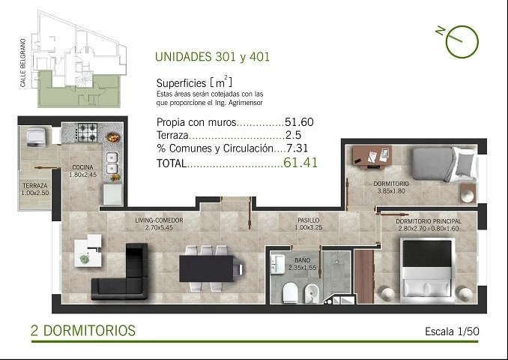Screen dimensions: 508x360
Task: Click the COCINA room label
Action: coord(82,167)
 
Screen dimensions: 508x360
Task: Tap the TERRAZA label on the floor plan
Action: coord(35,186)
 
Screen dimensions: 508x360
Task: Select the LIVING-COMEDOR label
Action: coord(159,220)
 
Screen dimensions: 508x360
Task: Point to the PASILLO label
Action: coord(309,220)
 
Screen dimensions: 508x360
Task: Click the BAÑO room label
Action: coord(303,260)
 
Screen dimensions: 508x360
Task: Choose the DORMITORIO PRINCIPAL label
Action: coord(429,221)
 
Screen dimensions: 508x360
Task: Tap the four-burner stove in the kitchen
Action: coord(87,132)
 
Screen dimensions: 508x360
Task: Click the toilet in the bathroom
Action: coord(290,292)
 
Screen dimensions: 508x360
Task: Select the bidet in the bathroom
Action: coord(312,293)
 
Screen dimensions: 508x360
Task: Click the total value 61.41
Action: coord(300,163)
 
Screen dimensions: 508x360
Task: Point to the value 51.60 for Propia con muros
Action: coord(299,122)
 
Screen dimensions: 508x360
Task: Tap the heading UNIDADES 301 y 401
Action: coord(212,57)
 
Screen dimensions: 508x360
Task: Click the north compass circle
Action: coord(462,42)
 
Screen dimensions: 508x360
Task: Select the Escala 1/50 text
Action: coord(452,331)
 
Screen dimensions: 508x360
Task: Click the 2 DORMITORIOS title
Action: coord(83,331)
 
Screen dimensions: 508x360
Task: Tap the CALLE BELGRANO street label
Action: coord(22,63)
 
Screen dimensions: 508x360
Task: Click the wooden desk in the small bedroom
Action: coord(372,157)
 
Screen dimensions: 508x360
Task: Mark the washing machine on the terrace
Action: coord(36,137)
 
